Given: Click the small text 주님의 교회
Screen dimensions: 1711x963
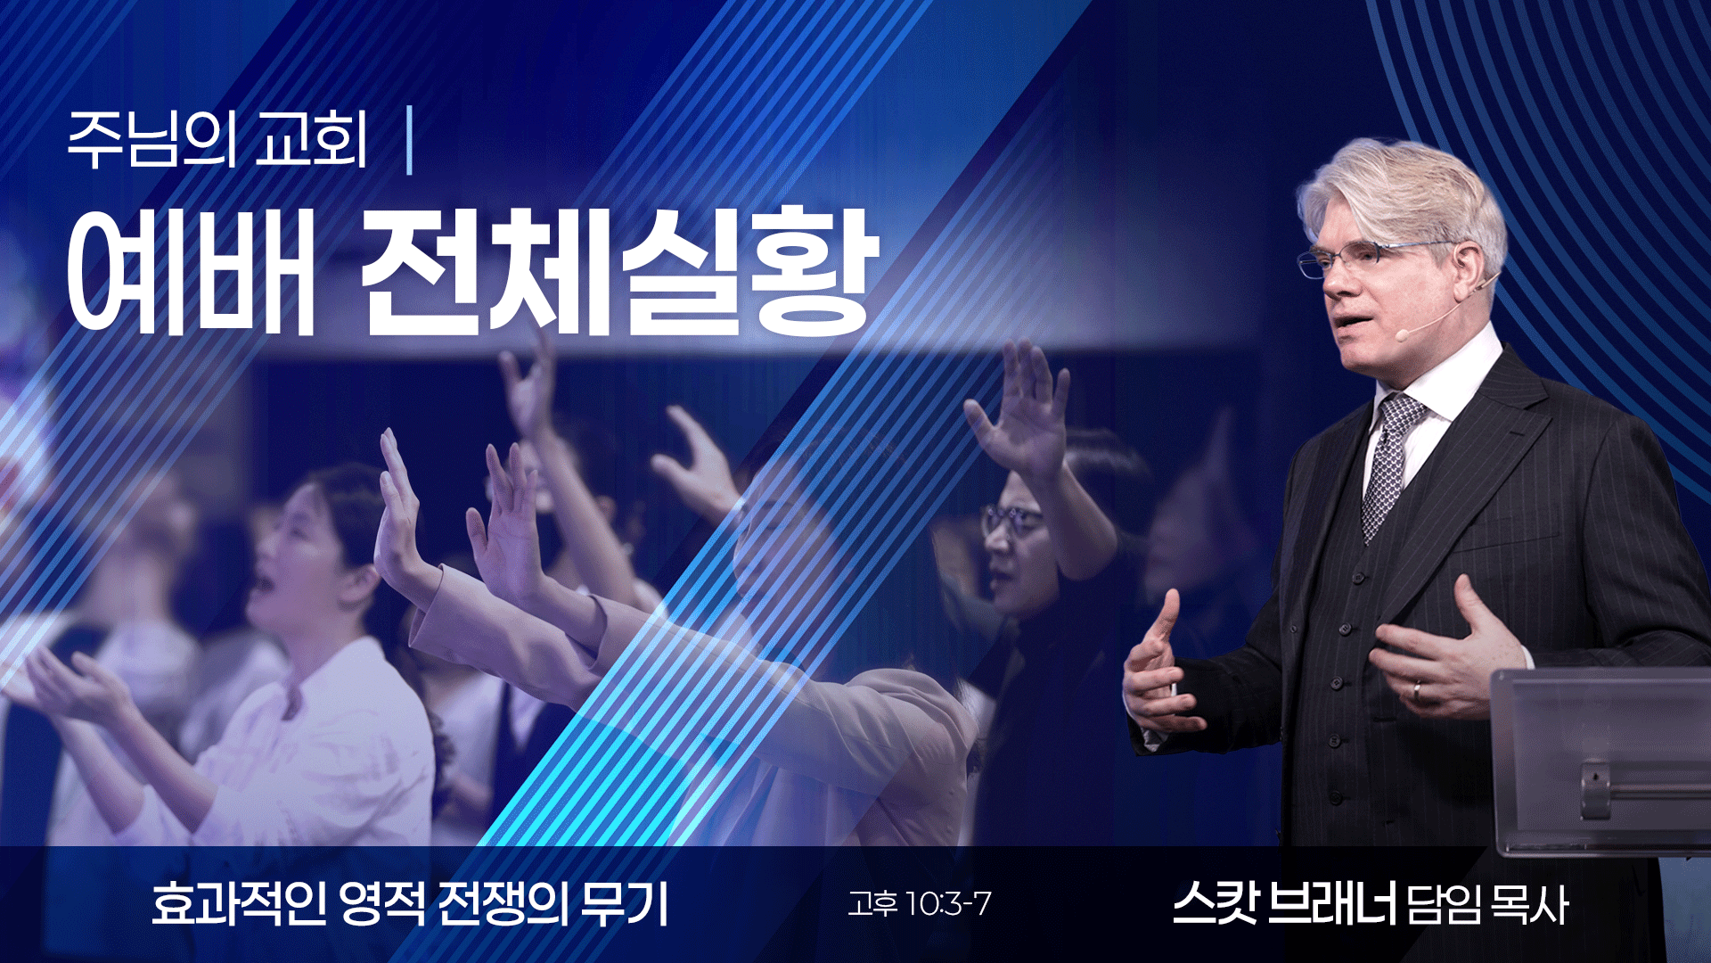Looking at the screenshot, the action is (x=217, y=140).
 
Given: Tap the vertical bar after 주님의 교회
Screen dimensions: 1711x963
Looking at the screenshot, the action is (x=409, y=140).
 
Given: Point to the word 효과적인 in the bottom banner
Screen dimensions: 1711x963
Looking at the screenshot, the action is (x=239, y=904).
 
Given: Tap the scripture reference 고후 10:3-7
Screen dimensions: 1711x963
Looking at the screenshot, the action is (x=919, y=904).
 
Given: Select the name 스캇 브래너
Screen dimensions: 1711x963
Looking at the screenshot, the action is (x=1284, y=904).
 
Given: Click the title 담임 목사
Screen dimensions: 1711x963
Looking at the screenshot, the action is (x=1487, y=905).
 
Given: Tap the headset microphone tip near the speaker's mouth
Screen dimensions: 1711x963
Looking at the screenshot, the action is (x=1401, y=334).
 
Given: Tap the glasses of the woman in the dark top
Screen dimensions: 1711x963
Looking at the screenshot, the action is (x=1011, y=520).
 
